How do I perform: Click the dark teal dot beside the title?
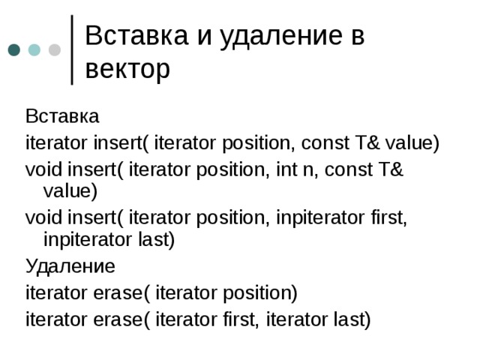click(x=14, y=50)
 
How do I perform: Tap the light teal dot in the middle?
click(x=34, y=50)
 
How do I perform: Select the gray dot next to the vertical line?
click(x=55, y=50)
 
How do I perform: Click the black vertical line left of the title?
click(x=72, y=49)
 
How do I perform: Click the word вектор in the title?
click(x=127, y=69)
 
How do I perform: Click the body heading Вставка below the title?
click(x=62, y=117)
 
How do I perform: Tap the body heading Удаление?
click(x=70, y=265)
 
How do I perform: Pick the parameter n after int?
click(x=340, y=169)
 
